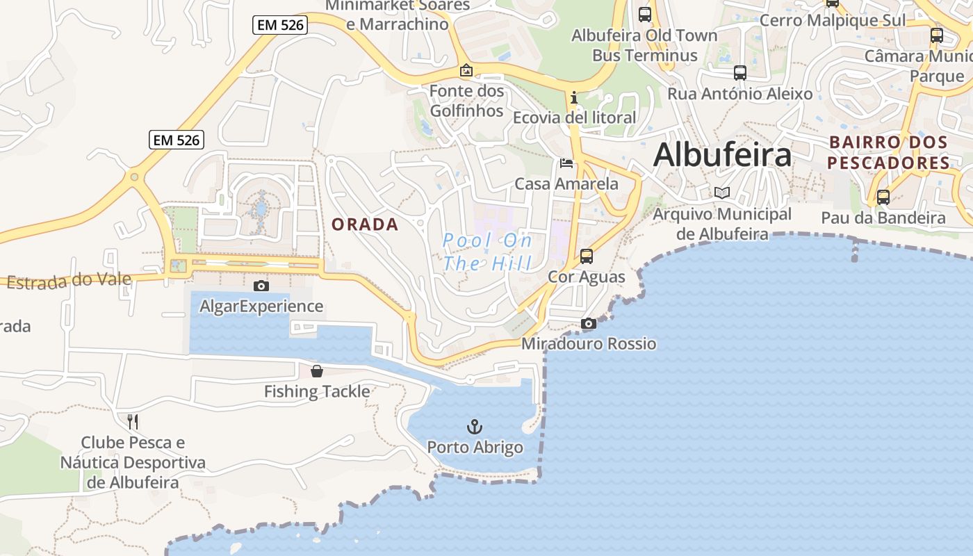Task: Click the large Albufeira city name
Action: tap(722, 155)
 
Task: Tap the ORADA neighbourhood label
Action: tap(365, 224)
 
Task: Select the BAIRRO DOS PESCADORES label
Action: tap(888, 153)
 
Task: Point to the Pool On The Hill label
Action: tap(488, 252)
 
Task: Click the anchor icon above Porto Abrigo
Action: tap(475, 426)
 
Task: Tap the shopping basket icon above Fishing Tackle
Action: tap(317, 371)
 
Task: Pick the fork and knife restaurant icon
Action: tap(133, 421)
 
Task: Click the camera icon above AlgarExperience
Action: tap(261, 286)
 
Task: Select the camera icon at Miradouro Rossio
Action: tap(589, 324)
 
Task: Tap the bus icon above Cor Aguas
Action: tap(587, 256)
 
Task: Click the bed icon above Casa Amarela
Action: tap(566, 163)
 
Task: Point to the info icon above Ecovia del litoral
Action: tap(574, 98)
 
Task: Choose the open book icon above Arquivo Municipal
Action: tap(722, 193)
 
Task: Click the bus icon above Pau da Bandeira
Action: tap(883, 197)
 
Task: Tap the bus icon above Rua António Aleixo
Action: tap(740, 72)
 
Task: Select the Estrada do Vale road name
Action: tap(69, 280)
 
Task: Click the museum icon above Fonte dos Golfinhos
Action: tap(466, 70)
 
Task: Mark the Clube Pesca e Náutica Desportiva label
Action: tap(133, 462)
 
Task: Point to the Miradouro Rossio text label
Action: tap(589, 343)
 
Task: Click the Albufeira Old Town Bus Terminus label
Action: tap(644, 45)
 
